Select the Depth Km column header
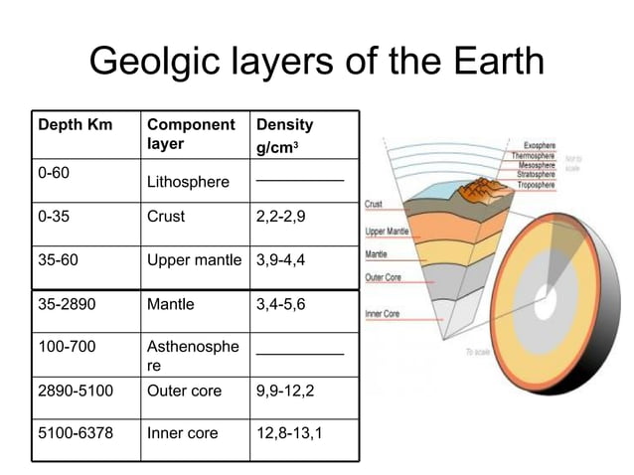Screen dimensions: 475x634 (75, 125)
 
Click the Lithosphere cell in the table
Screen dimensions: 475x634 (188, 183)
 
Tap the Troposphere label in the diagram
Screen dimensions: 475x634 (532, 185)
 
